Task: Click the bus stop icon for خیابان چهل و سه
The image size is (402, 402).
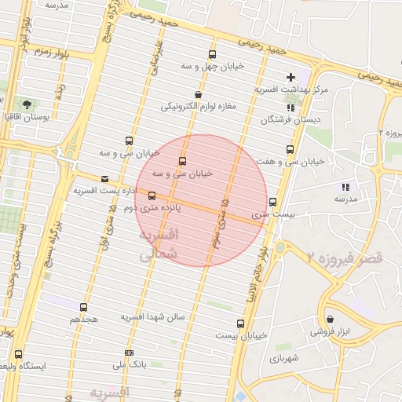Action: point(212,54)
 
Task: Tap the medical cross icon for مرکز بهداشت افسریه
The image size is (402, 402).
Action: point(291,77)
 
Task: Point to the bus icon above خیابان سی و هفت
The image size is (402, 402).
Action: point(291,149)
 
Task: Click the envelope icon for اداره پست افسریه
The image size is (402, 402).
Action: point(104,179)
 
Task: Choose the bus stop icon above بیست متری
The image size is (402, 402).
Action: point(272,201)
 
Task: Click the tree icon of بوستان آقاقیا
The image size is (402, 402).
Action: point(27,104)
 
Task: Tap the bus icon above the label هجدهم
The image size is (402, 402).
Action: point(84,307)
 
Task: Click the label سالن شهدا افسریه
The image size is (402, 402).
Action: point(152,316)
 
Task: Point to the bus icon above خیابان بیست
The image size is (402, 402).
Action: point(240,323)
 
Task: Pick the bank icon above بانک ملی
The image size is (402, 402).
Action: point(129,353)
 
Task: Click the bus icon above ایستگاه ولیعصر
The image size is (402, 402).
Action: point(18,354)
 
